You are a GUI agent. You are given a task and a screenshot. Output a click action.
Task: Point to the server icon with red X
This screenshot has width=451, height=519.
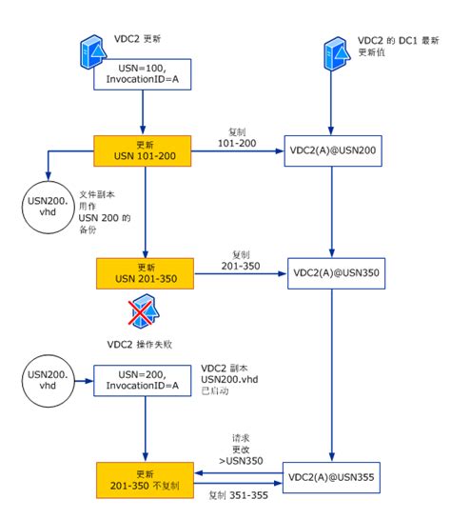[143, 314]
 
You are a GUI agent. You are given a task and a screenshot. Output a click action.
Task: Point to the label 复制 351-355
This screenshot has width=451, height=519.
[239, 496]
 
